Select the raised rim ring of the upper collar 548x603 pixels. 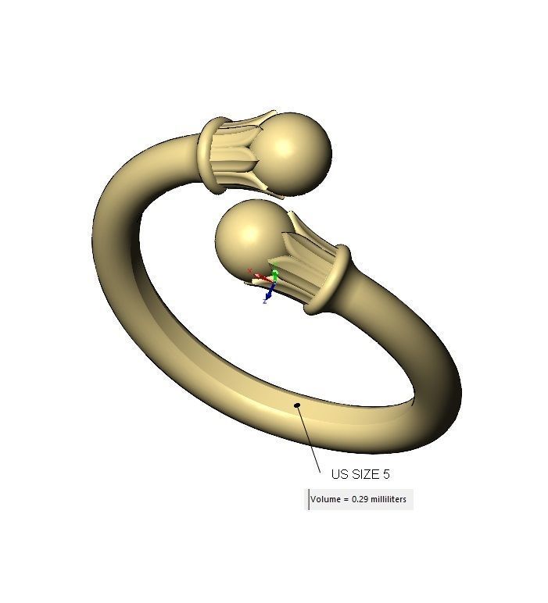[x=210, y=154]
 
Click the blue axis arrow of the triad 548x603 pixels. [x=268, y=293]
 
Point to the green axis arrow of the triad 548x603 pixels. [x=275, y=273]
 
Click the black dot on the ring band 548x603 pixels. [x=297, y=405]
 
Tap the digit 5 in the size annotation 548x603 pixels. [x=385, y=474]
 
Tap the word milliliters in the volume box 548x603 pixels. [x=389, y=499]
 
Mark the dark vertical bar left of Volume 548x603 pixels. [x=308, y=499]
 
